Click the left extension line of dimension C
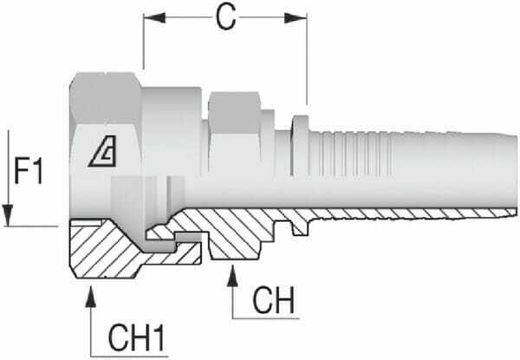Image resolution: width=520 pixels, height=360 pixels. [143, 43]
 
